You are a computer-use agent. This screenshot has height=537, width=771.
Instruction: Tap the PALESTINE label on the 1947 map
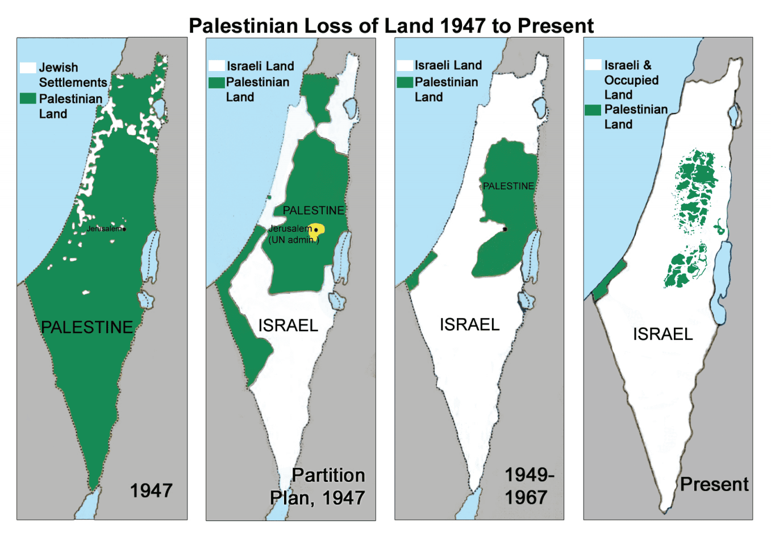click(x=87, y=327)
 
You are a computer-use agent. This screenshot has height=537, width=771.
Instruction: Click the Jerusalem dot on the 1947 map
click(x=124, y=229)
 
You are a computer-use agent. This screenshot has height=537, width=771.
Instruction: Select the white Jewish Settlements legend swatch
click(x=28, y=68)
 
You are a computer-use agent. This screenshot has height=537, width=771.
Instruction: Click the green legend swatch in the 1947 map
click(x=28, y=98)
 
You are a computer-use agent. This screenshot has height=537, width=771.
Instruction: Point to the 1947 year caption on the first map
click(x=151, y=490)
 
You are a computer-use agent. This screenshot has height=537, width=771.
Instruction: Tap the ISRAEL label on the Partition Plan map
click(x=288, y=326)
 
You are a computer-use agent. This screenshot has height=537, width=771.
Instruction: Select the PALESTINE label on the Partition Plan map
click(x=314, y=210)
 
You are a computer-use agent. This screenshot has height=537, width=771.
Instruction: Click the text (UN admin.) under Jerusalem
click(x=294, y=240)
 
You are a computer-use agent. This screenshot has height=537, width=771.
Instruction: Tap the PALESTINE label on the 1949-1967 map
click(x=509, y=186)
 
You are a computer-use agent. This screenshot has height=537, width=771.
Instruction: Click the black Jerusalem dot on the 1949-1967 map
click(x=505, y=229)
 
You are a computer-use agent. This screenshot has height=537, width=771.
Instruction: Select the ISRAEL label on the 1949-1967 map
click(x=469, y=324)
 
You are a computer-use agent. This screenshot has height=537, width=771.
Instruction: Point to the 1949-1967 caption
click(x=528, y=486)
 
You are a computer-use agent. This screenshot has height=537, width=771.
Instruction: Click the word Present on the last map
click(x=714, y=484)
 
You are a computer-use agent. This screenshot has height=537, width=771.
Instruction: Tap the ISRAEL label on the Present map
click(x=663, y=334)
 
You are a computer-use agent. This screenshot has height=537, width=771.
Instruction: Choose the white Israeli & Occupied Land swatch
click(x=593, y=65)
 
